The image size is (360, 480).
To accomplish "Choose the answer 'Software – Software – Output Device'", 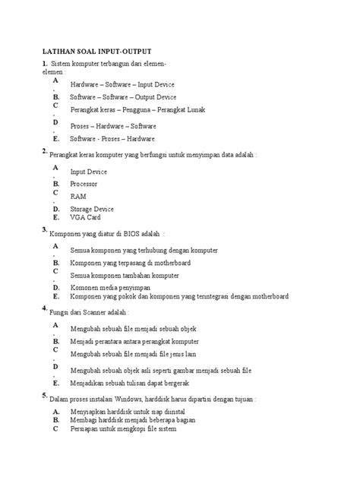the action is (x=123, y=97).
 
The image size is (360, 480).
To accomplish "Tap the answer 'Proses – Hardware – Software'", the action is (x=113, y=125).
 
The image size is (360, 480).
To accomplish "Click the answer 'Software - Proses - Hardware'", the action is (x=112, y=139).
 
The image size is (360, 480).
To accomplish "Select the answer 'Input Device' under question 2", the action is (x=89, y=172).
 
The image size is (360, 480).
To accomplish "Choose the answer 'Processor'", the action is (x=84, y=184).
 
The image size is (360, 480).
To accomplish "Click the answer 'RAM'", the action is (x=78, y=196).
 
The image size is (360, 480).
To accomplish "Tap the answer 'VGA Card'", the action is (x=85, y=217).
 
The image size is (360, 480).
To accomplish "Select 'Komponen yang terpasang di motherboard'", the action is (x=130, y=262).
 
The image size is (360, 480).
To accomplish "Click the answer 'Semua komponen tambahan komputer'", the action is (x=125, y=275).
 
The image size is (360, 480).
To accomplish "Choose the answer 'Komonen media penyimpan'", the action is (x=110, y=289).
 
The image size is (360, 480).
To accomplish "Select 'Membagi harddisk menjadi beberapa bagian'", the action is (x=133, y=420).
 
